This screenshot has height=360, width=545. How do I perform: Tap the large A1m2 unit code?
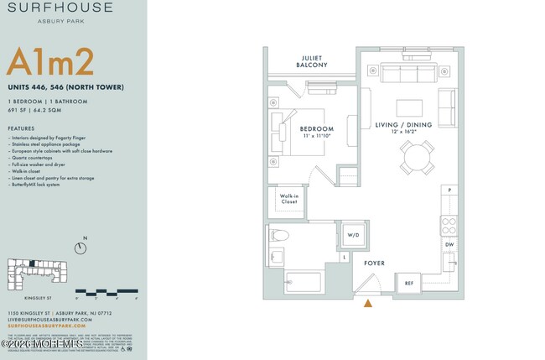pos(49,63)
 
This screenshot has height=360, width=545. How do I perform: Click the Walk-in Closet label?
pos(288,199)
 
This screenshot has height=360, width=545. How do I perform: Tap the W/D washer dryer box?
pos(353,236)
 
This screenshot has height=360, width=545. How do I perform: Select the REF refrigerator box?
pos(409,284)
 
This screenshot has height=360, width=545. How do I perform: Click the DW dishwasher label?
pos(449,244)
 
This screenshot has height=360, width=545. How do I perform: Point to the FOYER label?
pos(374,263)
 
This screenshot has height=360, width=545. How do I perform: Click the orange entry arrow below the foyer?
pos(366,304)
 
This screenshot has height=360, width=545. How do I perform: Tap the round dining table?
pos(417,156)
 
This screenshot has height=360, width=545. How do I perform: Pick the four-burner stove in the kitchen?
pos(449,224)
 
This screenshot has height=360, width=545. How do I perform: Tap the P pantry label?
pos(449,190)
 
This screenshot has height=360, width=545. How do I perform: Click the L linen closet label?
pos(345,256)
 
